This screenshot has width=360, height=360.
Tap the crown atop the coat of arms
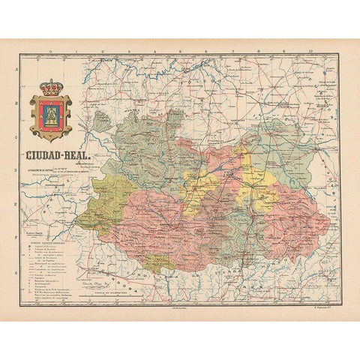pyautogui.click(x=51, y=87)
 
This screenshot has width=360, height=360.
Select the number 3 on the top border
pyautogui.click(x=128, y=53)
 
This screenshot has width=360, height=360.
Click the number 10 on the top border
pyautogui.click(x=310, y=53)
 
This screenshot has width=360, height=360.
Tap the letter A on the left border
pyautogui.click(x=17, y=69)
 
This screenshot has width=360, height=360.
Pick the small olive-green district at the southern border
pyautogui.click(x=158, y=262)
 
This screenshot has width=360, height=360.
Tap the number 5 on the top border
pyautogui.click(x=180, y=53)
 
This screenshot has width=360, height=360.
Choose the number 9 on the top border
pyautogui.click(x=284, y=53)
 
